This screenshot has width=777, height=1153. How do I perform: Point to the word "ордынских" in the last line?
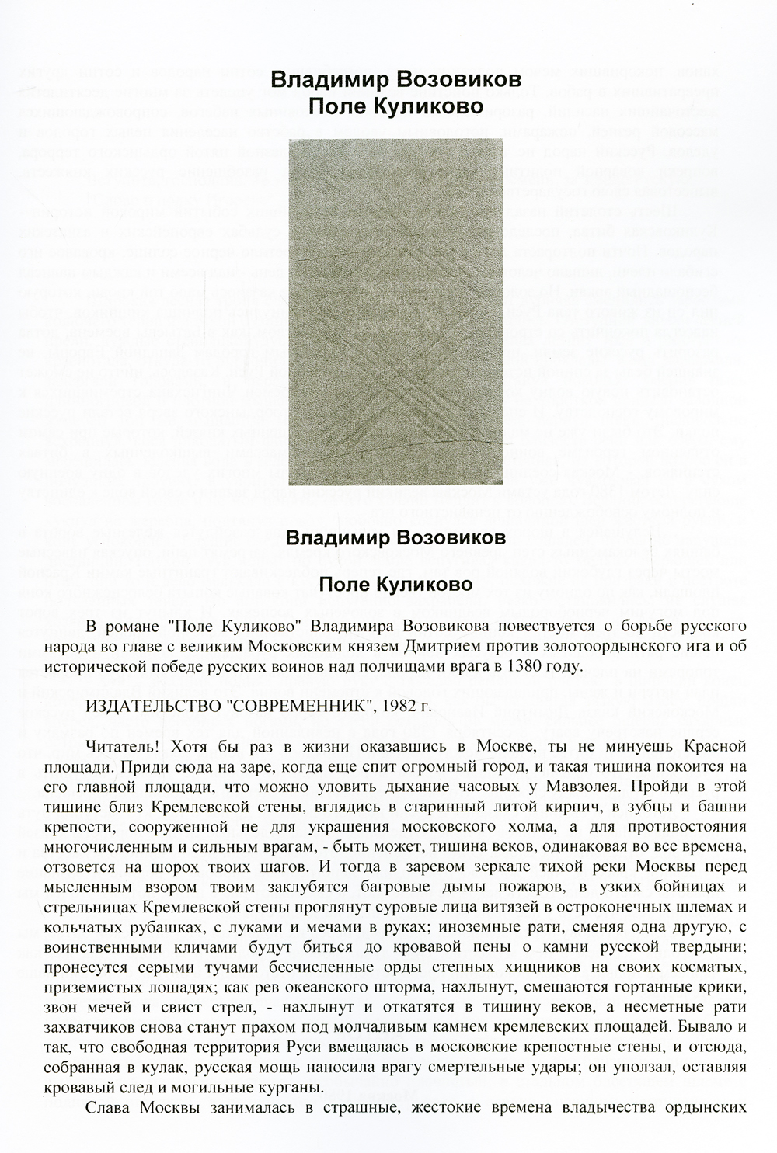709,1106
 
